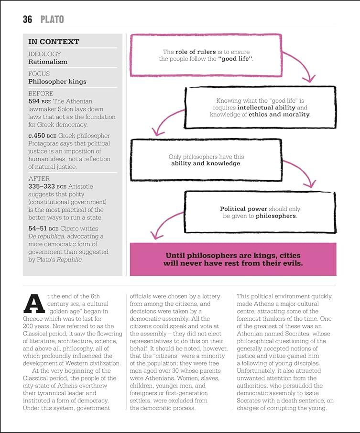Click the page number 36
(27, 19)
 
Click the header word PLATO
(52, 19)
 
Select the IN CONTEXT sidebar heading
(54, 42)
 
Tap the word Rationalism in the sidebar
(48, 62)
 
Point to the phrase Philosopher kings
(57, 81)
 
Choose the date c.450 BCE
(43, 136)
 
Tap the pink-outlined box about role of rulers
(206, 55)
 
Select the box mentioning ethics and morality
(260, 108)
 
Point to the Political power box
(260, 212)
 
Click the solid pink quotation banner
(233, 259)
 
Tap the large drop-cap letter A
(34, 303)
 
